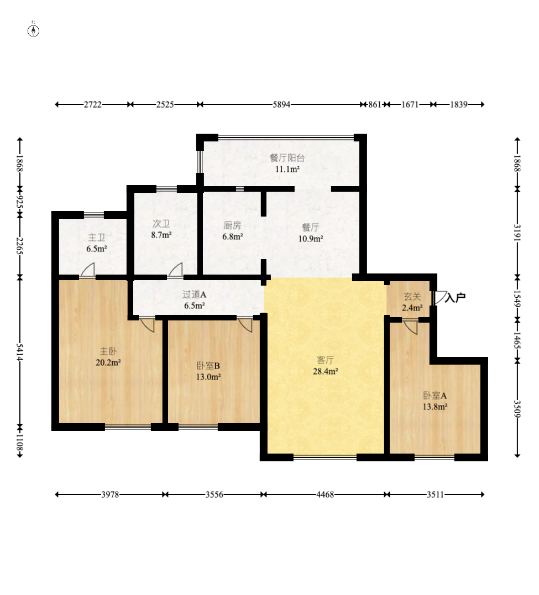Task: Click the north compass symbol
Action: tap(33, 30)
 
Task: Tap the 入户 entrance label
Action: tap(455, 297)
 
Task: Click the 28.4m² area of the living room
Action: tap(326, 371)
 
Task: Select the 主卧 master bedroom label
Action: tap(108, 351)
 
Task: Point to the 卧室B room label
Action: tap(208, 366)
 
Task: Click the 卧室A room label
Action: tap(435, 396)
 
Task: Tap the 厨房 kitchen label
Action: tap(232, 225)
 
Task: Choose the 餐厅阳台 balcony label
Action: tap(287, 158)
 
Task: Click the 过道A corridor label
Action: tap(195, 294)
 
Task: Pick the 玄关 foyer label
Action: tap(412, 296)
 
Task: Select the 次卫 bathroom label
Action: tap(161, 224)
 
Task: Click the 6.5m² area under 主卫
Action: tap(97, 249)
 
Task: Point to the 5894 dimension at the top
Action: tap(281, 104)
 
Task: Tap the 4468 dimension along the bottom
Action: tap(325, 494)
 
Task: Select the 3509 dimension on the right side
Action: tap(517, 409)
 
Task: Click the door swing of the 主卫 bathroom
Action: tap(87, 270)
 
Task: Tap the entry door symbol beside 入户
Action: tap(439, 297)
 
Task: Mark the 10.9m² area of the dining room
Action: tap(311, 239)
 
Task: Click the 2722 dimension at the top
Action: tap(93, 104)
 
